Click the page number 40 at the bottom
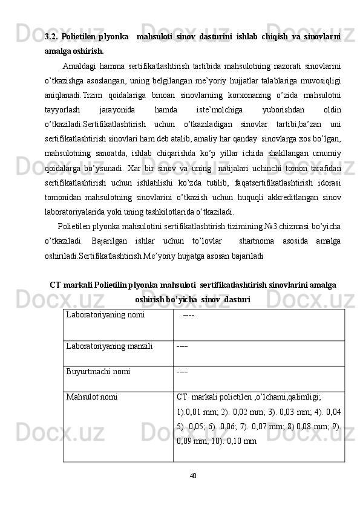coord(192,475)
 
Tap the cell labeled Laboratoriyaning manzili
coord(110,346)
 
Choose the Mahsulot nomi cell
coord(92,397)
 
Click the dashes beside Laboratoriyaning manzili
coord(182,346)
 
